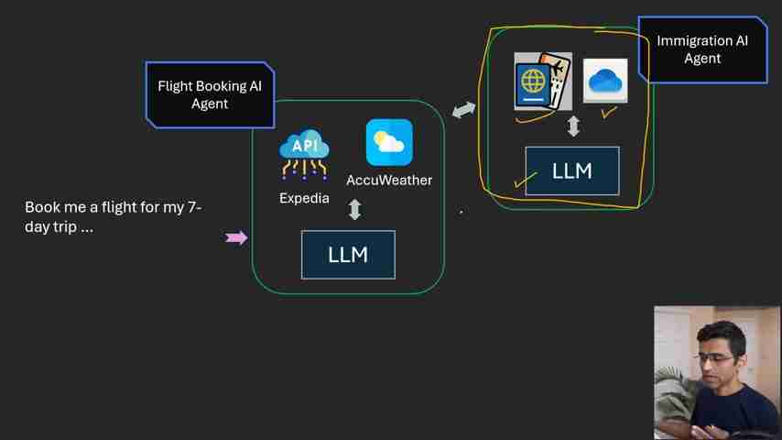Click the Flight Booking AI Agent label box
pos(210,94)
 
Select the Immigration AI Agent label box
pos(702,49)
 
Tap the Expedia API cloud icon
pos(304,154)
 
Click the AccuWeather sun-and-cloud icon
pos(389,142)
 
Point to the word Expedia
pos(304,198)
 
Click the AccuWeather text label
pos(389,181)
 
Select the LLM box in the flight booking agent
pos(348,254)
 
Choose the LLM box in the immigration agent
pos(572,170)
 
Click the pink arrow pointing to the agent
pos(236,238)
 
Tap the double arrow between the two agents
pos(464,110)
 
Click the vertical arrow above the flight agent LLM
pos(355,210)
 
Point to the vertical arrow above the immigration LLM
pos(573,126)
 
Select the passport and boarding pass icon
pos(543,82)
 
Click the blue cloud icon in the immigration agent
pos(605,81)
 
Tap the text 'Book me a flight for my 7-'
pos(113,207)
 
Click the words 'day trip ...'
pos(59,227)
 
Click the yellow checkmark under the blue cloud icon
pos(608,113)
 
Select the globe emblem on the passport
pos(533,82)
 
